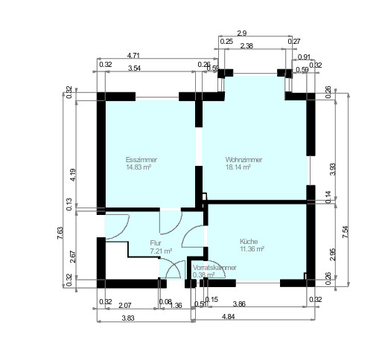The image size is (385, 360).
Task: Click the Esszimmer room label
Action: (141, 160)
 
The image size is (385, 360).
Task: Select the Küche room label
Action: (248, 242)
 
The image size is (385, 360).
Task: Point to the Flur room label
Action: (156, 243)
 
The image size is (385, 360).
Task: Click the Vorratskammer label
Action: (215, 266)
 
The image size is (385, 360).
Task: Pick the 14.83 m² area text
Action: (139, 168)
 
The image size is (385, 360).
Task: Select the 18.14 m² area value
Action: (238, 168)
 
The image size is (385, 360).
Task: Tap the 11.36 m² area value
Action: (252, 250)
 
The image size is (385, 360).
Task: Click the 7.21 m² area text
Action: (161, 251)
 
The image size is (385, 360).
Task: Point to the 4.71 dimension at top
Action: (135, 55)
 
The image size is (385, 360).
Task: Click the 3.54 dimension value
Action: (135, 68)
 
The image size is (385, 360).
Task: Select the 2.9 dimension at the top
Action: (241, 33)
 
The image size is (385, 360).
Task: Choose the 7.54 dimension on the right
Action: (345, 231)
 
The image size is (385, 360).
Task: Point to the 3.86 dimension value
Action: (240, 304)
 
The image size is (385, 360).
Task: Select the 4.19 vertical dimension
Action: (73, 176)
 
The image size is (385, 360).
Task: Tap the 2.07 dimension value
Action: (125, 304)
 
